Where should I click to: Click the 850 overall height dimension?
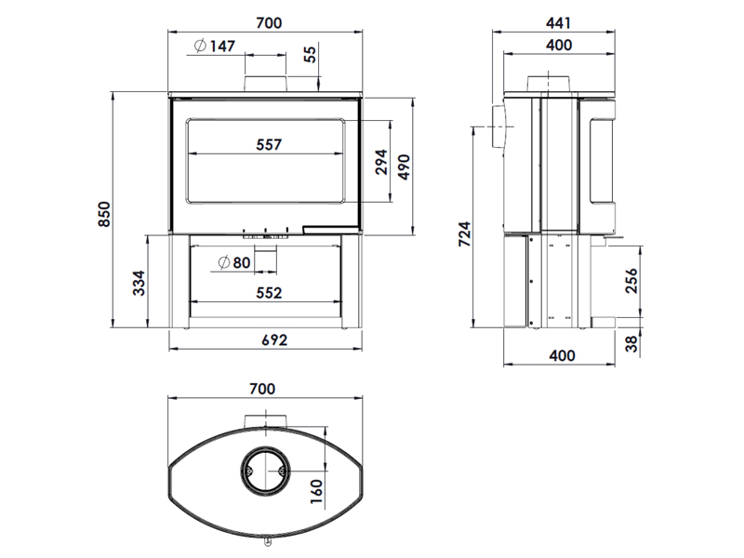coord(104,214)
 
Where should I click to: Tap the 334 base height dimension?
coord(139,283)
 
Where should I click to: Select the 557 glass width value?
coord(269,144)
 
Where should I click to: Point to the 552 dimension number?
coord(269,293)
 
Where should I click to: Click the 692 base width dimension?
coord(274,339)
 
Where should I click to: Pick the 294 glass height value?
coord(381,162)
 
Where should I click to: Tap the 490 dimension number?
coord(404,166)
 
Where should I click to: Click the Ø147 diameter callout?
coord(215,46)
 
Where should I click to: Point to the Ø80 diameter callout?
coord(234,262)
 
